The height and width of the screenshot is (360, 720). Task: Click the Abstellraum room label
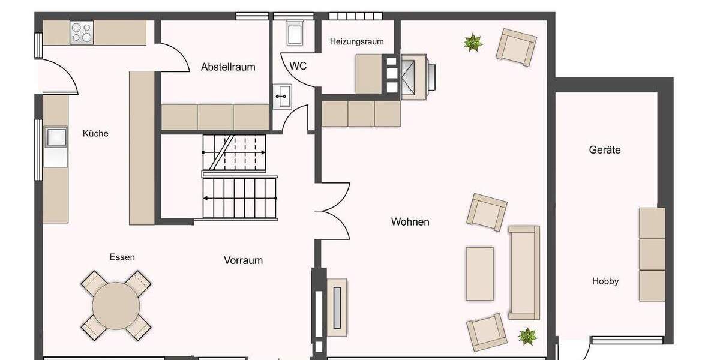coord(228,67)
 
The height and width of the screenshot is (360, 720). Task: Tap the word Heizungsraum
coord(356,41)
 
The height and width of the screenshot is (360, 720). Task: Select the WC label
coord(298,66)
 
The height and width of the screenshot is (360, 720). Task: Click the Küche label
coord(95,133)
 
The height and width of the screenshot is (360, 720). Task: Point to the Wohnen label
coord(410,222)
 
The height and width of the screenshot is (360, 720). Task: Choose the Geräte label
coord(604,150)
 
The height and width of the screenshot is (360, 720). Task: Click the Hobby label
coord(605,281)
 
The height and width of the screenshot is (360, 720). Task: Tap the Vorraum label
coord(243,260)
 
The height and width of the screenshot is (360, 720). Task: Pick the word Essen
coord(122,257)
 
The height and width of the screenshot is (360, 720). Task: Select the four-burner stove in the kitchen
coord(82,32)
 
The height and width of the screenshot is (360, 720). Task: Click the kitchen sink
coord(57,137)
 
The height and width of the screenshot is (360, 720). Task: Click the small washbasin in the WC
coord(282,96)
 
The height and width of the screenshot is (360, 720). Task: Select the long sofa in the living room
coord(524,272)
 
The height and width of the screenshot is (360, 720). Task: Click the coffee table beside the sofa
coord(479,274)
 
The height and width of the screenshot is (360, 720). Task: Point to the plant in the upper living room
coord(473,42)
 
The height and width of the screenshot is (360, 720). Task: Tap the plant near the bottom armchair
coord(527,335)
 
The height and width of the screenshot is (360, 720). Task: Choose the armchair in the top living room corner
coord(516,47)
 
